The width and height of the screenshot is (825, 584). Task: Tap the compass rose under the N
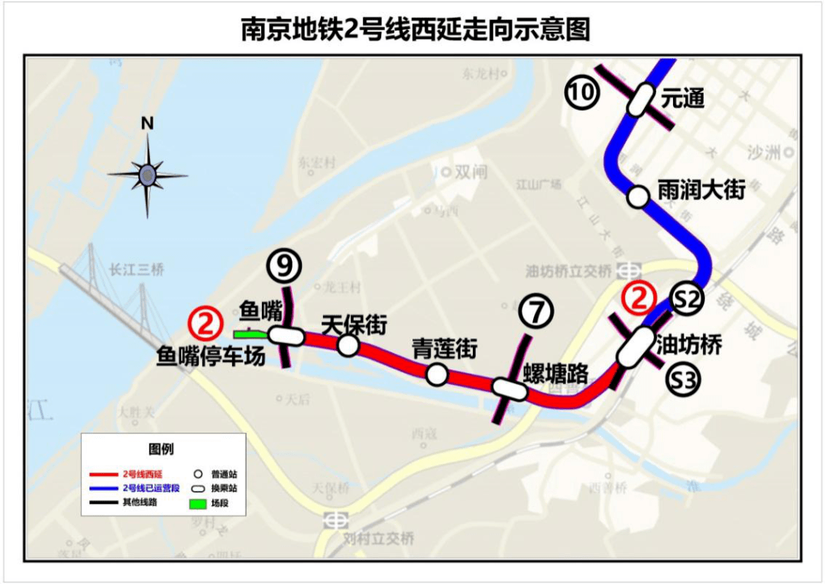click(147, 176)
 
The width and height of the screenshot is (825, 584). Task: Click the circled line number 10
click(581, 92)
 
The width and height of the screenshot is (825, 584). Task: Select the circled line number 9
click(284, 266)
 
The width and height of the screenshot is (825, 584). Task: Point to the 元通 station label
click(682, 98)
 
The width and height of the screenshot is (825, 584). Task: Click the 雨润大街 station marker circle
click(637, 197)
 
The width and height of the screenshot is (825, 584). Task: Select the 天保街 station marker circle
click(348, 346)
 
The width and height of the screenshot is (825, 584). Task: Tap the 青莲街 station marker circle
click(437, 374)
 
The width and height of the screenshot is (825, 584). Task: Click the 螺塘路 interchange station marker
click(510, 389)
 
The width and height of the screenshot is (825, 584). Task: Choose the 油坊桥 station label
click(689, 345)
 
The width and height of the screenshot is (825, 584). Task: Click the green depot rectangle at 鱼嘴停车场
click(250, 334)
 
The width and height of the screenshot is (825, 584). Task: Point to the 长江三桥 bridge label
click(137, 269)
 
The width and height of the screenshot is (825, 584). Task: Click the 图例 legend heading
click(161, 449)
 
